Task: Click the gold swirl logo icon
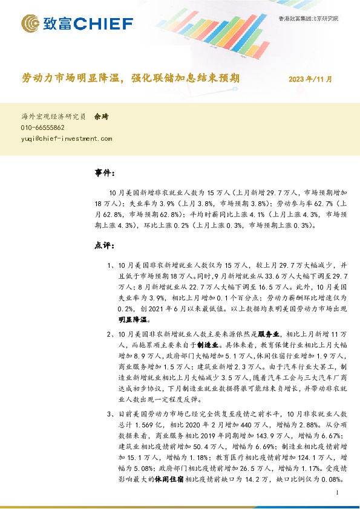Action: pos(31,24)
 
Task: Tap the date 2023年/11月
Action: pos(310,79)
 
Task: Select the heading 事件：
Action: pos(105,173)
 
